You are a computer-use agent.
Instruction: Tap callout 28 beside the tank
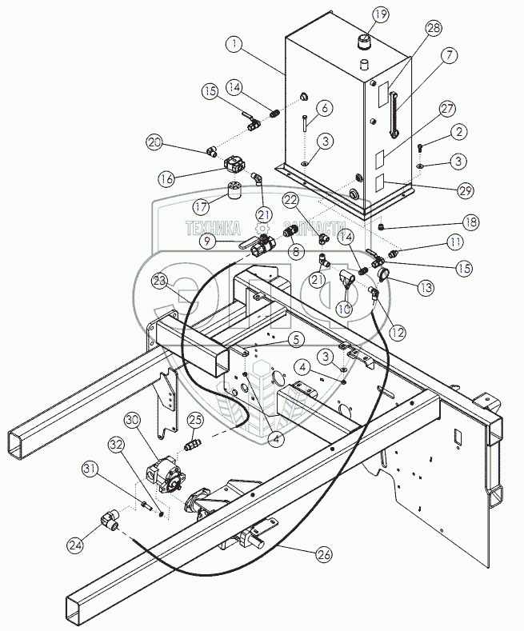tap(434, 29)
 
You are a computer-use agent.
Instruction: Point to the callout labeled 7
tap(448, 56)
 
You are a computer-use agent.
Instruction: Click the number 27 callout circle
tap(446, 109)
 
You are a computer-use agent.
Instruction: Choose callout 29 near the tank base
tap(464, 191)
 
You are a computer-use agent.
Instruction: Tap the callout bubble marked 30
tap(133, 421)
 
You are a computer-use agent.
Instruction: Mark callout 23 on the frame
tap(159, 282)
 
